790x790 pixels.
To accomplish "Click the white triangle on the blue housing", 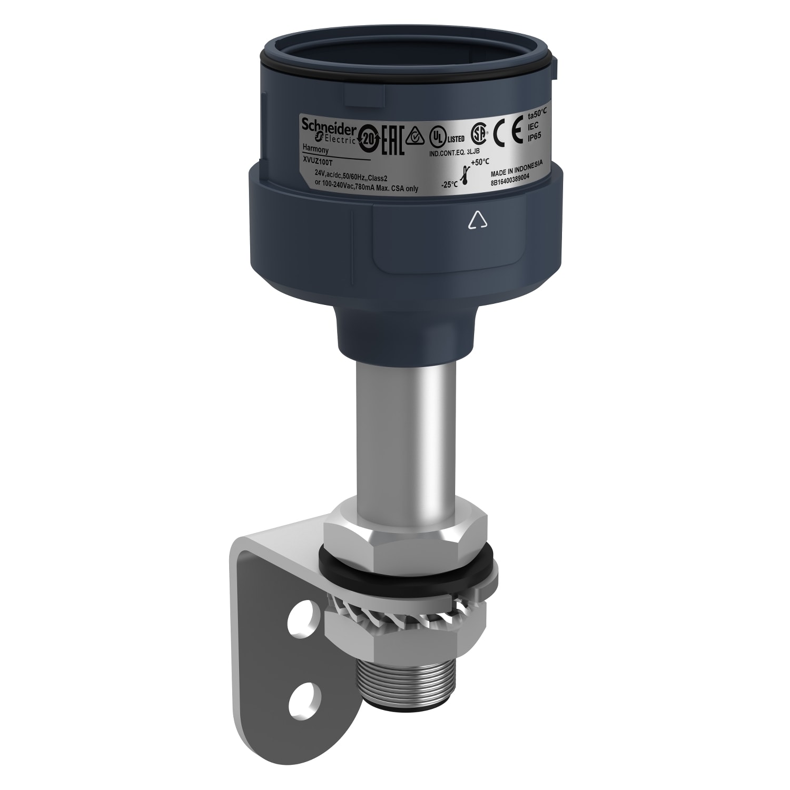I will [475, 220].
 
